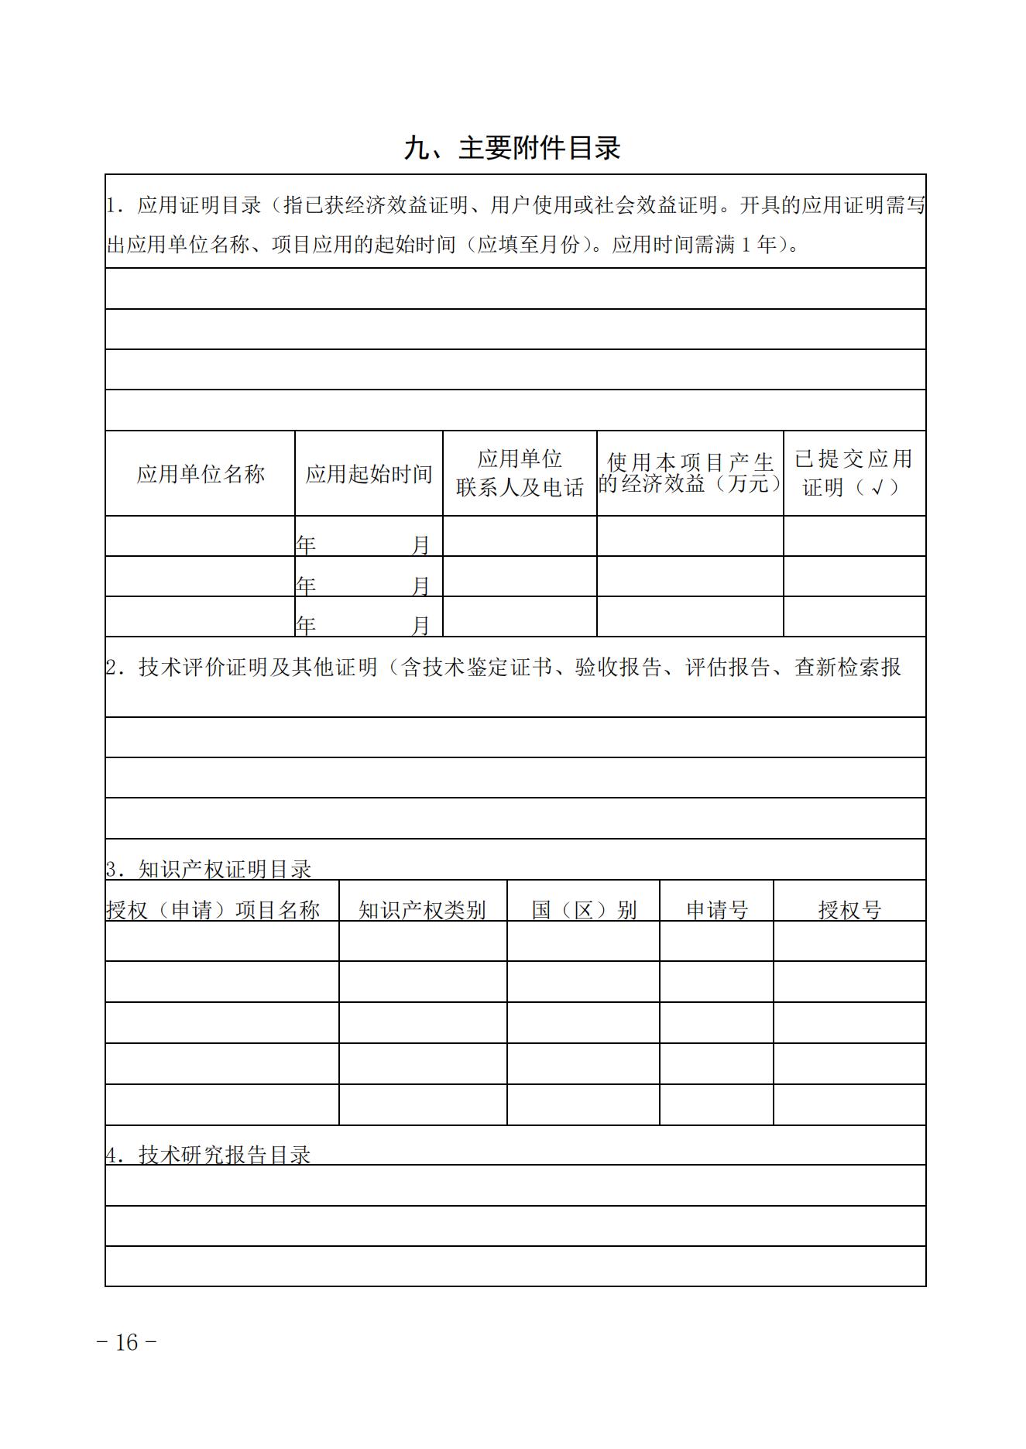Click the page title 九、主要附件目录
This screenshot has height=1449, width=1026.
coord(512,148)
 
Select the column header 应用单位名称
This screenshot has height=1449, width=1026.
coord(201,474)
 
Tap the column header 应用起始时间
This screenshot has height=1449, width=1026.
coord(369,474)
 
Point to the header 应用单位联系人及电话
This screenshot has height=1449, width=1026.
coord(520,473)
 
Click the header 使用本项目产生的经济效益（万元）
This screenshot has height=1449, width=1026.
coord(690,473)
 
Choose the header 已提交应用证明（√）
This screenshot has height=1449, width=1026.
coord(853,473)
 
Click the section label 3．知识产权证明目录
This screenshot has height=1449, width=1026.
coord(209,869)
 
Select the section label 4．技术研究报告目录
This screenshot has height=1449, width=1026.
coord(209,1155)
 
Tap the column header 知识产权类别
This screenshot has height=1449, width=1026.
coord(422,910)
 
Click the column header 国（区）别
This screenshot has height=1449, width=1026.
coord(583,910)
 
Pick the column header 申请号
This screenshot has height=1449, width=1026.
coord(716,910)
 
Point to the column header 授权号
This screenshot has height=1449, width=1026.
coord(849,910)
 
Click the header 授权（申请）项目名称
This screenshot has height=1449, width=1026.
coord(213,910)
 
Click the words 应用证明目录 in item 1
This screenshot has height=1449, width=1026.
coord(200,205)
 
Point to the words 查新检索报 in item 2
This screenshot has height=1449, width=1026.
coord(848,667)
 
